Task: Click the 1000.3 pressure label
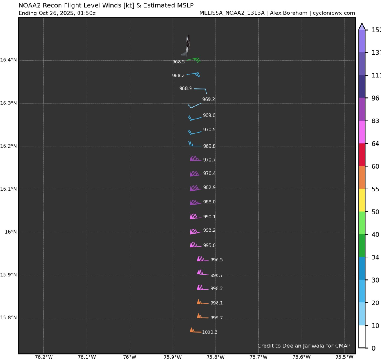(209, 332)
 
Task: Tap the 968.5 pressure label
(179, 62)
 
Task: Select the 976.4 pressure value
(209, 173)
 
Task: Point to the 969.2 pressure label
(208, 99)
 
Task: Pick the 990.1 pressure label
(209, 217)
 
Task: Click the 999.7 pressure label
(216, 318)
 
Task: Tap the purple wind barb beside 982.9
(195, 188)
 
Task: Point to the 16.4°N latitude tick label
(9, 60)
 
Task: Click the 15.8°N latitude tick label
(9, 318)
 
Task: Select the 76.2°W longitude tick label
(44, 357)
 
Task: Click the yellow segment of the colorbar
(362, 200)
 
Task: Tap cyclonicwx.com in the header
(334, 13)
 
